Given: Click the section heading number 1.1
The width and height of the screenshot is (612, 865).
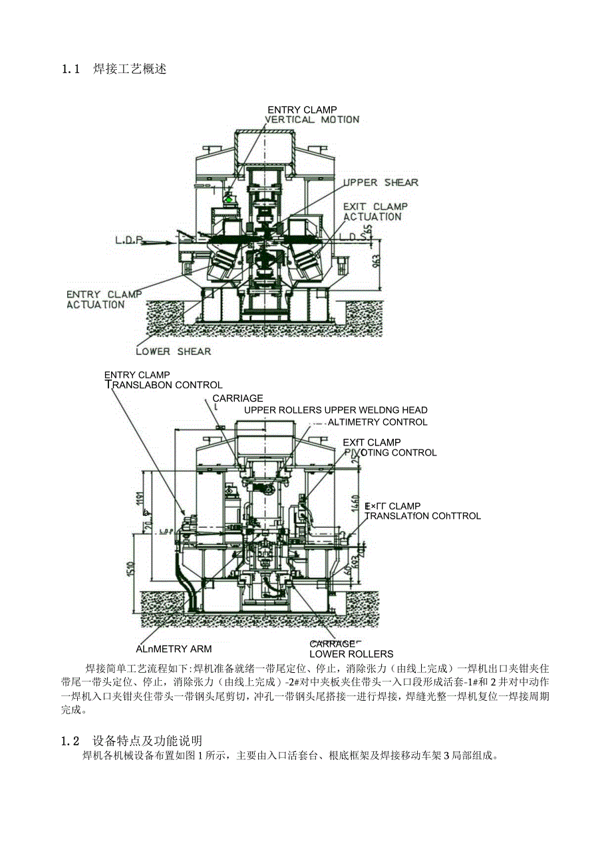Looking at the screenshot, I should [x=71, y=69].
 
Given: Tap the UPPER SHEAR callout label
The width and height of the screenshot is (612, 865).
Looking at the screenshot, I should [x=381, y=183].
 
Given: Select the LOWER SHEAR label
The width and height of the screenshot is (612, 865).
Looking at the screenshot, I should [x=173, y=351].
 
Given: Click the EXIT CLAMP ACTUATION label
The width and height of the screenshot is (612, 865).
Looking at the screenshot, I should [x=375, y=211].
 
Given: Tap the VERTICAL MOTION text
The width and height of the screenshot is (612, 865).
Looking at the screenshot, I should [x=312, y=120].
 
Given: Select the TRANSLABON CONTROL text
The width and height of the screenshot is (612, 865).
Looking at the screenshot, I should [x=165, y=385].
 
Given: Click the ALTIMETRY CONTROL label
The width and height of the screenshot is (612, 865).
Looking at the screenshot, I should [x=377, y=422].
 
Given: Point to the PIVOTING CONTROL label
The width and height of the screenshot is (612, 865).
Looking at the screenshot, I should [x=390, y=453].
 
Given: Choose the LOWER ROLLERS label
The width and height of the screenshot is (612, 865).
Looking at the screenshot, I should [x=351, y=654].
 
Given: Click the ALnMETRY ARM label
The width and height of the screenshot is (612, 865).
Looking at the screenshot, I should [x=174, y=649].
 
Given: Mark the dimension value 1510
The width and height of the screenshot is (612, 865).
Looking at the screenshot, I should [x=131, y=570].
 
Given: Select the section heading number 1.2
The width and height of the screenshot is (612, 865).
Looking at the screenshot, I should [x=71, y=741].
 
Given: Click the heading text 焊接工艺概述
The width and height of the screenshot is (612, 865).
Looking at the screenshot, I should [x=130, y=69].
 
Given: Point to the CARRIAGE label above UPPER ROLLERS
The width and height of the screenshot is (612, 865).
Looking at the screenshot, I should [x=237, y=398].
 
